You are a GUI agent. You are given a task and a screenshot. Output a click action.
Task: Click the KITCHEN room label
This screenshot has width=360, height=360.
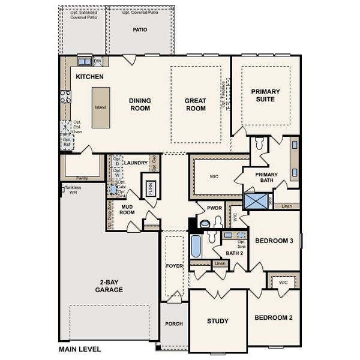89,77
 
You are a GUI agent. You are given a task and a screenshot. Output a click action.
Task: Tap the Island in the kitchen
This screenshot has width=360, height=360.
101,107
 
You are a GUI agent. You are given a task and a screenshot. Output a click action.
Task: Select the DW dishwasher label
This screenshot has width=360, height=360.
98,61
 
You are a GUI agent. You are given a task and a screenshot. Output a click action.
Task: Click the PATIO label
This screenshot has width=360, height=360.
140,30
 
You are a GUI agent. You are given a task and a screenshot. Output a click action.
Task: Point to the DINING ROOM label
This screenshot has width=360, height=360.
139,104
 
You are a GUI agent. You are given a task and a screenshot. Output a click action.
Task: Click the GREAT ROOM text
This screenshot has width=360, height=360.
195,104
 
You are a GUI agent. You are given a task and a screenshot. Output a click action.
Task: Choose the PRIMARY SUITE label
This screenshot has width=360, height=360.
265,95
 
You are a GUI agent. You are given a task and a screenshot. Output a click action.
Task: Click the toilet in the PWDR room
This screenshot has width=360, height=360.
206,224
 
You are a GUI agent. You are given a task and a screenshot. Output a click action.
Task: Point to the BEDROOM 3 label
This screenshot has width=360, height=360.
274,241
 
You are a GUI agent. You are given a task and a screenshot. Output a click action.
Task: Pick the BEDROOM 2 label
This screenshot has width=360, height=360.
273,317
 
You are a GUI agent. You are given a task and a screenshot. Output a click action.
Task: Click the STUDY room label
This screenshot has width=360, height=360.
217,321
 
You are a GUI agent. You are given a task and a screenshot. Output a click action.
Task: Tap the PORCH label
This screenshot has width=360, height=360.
174,324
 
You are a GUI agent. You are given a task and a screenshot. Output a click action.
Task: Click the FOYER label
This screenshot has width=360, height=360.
174,265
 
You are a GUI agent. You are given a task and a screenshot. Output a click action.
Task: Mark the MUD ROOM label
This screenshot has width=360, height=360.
127,209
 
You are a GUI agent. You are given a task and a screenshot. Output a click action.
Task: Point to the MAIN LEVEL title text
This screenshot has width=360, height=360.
80,349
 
